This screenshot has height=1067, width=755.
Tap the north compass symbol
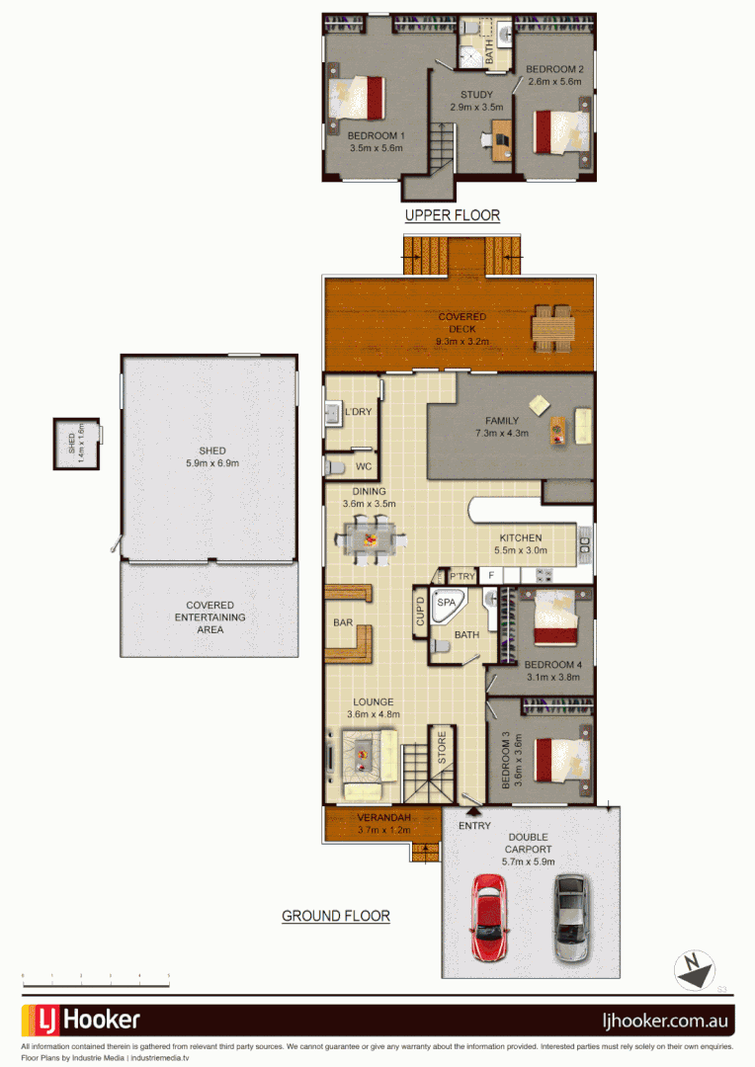(694, 969)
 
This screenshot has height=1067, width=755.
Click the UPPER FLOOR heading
(453, 215)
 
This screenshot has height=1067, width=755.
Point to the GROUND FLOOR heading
(336, 917)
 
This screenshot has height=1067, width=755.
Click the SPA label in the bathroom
(447, 602)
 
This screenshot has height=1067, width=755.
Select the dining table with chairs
(371, 540)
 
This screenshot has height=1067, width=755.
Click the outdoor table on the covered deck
(552, 327)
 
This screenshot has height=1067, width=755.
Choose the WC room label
(364, 465)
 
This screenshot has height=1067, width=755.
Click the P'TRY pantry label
(462, 576)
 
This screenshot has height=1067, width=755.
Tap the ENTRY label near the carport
(474, 826)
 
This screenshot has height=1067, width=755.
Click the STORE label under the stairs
(442, 748)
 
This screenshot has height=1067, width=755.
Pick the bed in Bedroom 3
(560, 759)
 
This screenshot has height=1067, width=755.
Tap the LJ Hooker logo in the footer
(81, 1020)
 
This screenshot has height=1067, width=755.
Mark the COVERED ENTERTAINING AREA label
(210, 617)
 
